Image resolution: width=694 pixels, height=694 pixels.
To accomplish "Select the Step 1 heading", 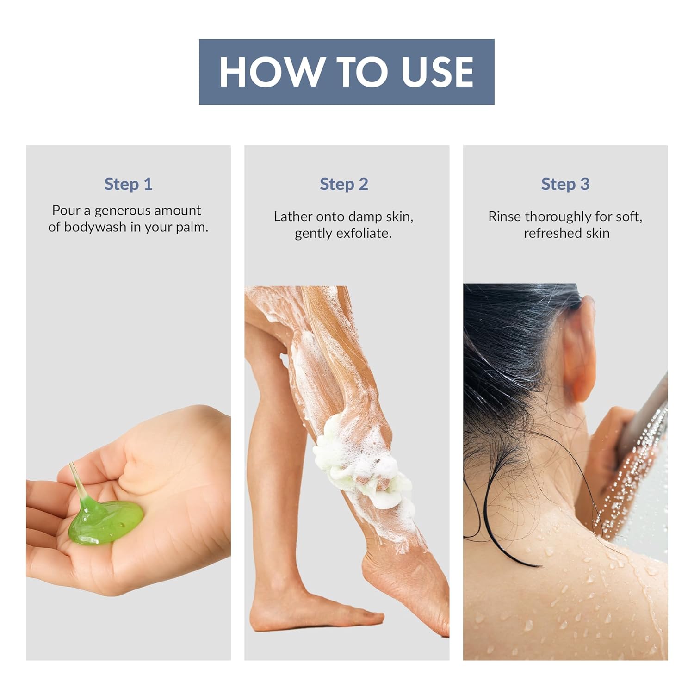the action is click(128, 184).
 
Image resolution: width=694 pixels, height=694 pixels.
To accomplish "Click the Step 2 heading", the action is click(344, 184).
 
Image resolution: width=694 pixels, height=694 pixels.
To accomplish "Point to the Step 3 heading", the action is click(565, 184).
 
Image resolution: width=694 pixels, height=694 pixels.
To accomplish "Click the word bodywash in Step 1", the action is click(95, 227).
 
